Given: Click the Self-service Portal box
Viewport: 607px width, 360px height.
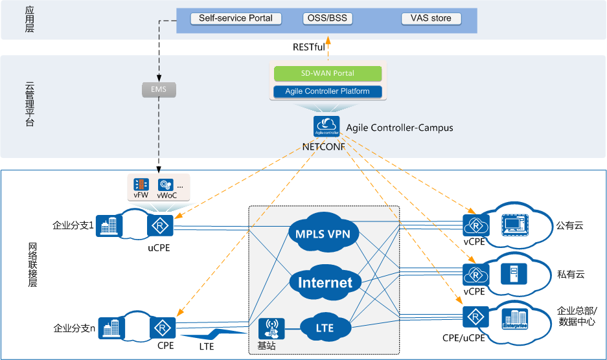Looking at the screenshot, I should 236,18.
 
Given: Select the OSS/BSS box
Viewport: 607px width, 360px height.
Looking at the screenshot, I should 327,18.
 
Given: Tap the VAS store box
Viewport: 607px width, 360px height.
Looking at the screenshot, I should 431,18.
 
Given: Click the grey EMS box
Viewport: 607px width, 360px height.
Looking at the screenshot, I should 158,89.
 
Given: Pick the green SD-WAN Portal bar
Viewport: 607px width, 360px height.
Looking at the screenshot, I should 327,74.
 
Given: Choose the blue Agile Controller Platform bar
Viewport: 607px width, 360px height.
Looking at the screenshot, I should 327,91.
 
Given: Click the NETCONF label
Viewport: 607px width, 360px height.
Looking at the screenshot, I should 323,146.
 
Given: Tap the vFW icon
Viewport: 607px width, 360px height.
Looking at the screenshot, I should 141,186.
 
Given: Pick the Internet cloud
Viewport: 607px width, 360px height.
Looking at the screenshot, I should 325,282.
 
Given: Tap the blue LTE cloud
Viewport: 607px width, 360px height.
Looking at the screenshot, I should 325,328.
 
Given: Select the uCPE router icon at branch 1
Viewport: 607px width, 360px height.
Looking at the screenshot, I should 159,226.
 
